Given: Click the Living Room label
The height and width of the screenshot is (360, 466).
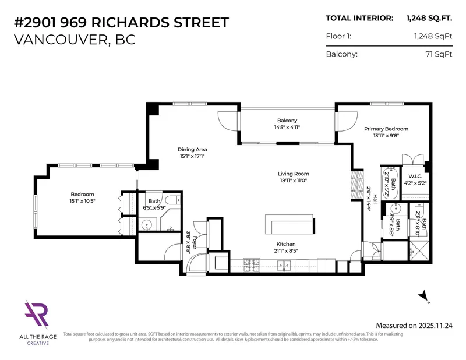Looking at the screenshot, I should click(x=293, y=174).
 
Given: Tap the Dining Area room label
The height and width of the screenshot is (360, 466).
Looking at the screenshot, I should click(x=192, y=149).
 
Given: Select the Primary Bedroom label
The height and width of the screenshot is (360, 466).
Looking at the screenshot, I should click(x=386, y=129).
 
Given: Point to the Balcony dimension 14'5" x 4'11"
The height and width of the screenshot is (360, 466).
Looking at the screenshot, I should click(x=288, y=127).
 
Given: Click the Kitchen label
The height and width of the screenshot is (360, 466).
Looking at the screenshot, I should click(x=286, y=243).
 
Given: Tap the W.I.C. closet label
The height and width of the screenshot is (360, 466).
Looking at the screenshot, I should click(x=415, y=176).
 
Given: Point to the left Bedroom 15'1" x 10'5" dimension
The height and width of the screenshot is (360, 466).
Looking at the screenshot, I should click(x=82, y=201).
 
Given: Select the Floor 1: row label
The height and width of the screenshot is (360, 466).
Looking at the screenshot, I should click(x=339, y=37).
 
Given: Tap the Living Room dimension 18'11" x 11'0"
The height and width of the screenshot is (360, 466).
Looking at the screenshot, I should click(x=293, y=181).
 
